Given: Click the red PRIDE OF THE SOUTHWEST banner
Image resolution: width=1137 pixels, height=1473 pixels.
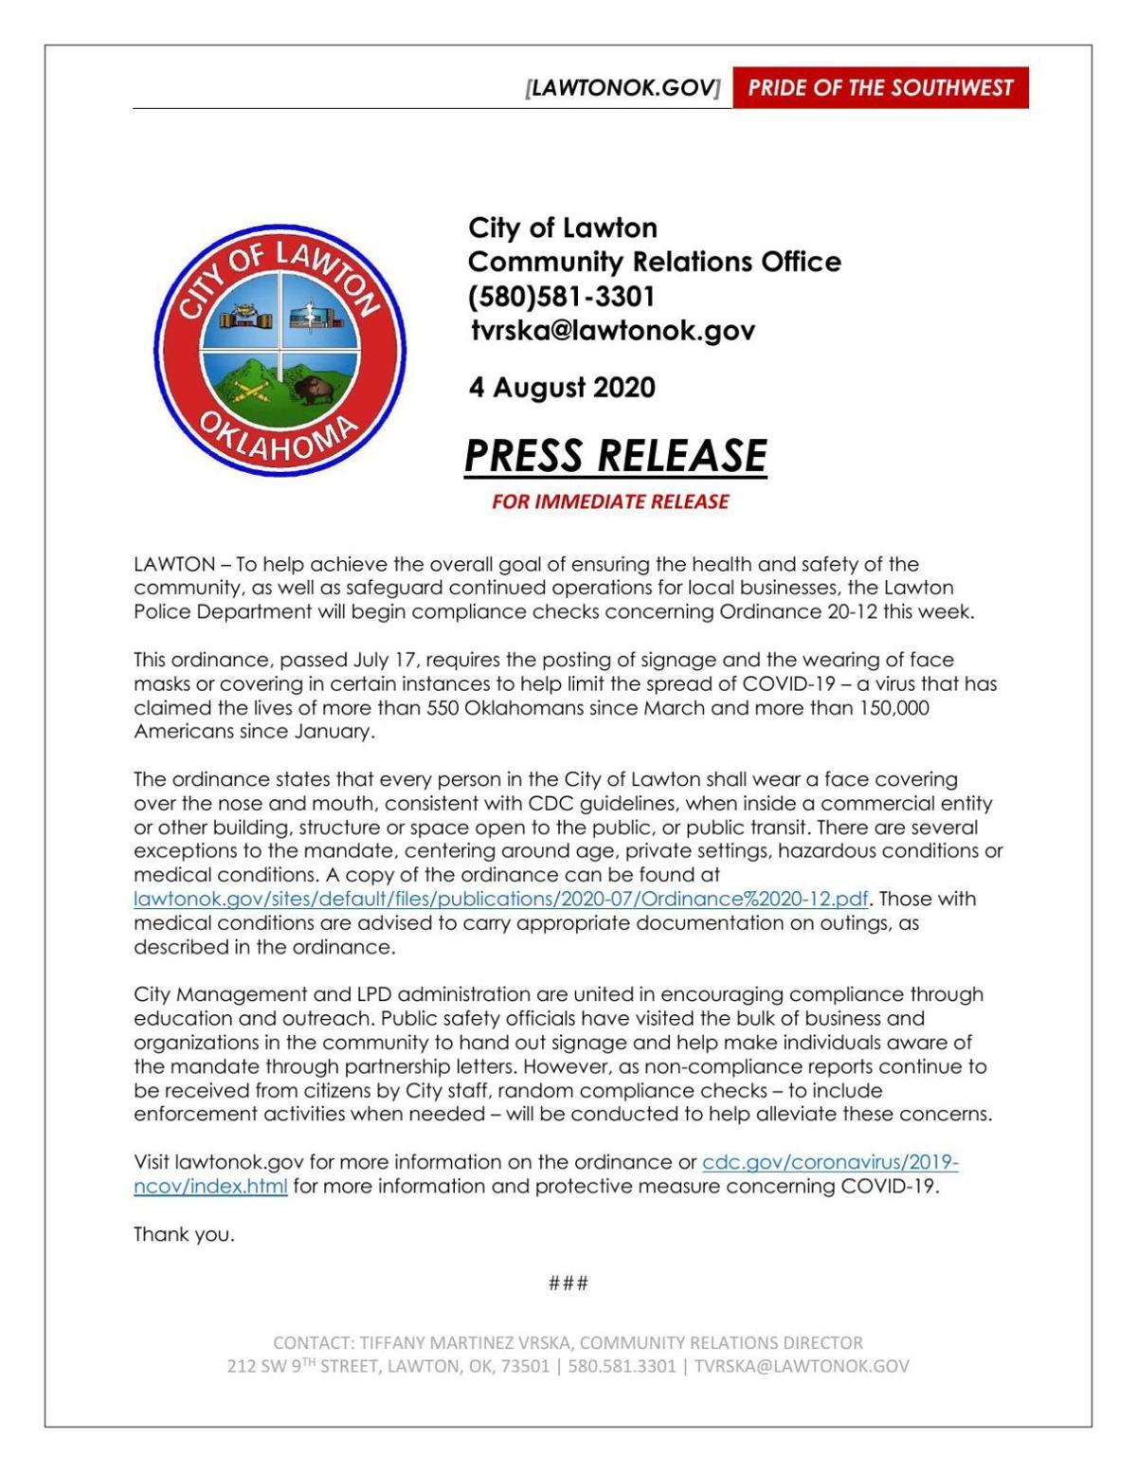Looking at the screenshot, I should [880, 88].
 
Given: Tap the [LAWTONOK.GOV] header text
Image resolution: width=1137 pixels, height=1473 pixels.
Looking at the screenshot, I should [623, 88].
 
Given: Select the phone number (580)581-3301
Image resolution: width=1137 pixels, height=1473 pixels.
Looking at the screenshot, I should [561, 297].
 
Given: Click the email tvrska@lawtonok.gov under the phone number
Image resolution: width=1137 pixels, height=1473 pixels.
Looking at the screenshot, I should [612, 331].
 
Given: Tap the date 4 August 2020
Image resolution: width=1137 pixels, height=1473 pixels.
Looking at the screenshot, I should [561, 388].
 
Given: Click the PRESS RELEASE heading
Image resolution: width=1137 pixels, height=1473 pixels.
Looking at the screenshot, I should [615, 456].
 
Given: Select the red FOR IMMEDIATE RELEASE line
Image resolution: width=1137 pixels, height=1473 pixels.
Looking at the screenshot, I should [609, 501].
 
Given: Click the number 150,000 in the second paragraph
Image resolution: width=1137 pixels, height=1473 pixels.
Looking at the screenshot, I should [893, 708].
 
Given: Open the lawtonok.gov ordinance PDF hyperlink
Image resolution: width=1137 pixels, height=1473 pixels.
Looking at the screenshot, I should [500, 899].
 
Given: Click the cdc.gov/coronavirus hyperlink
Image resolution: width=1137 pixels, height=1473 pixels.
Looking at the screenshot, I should [830, 1162].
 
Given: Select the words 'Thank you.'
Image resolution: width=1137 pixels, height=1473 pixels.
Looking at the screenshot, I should [184, 1234].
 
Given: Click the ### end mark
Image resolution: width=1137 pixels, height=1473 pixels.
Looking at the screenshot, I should [568, 1283].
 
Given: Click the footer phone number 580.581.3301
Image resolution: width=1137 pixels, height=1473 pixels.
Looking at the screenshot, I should [622, 1367].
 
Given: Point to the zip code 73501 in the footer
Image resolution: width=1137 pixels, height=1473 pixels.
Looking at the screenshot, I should [526, 1367].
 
